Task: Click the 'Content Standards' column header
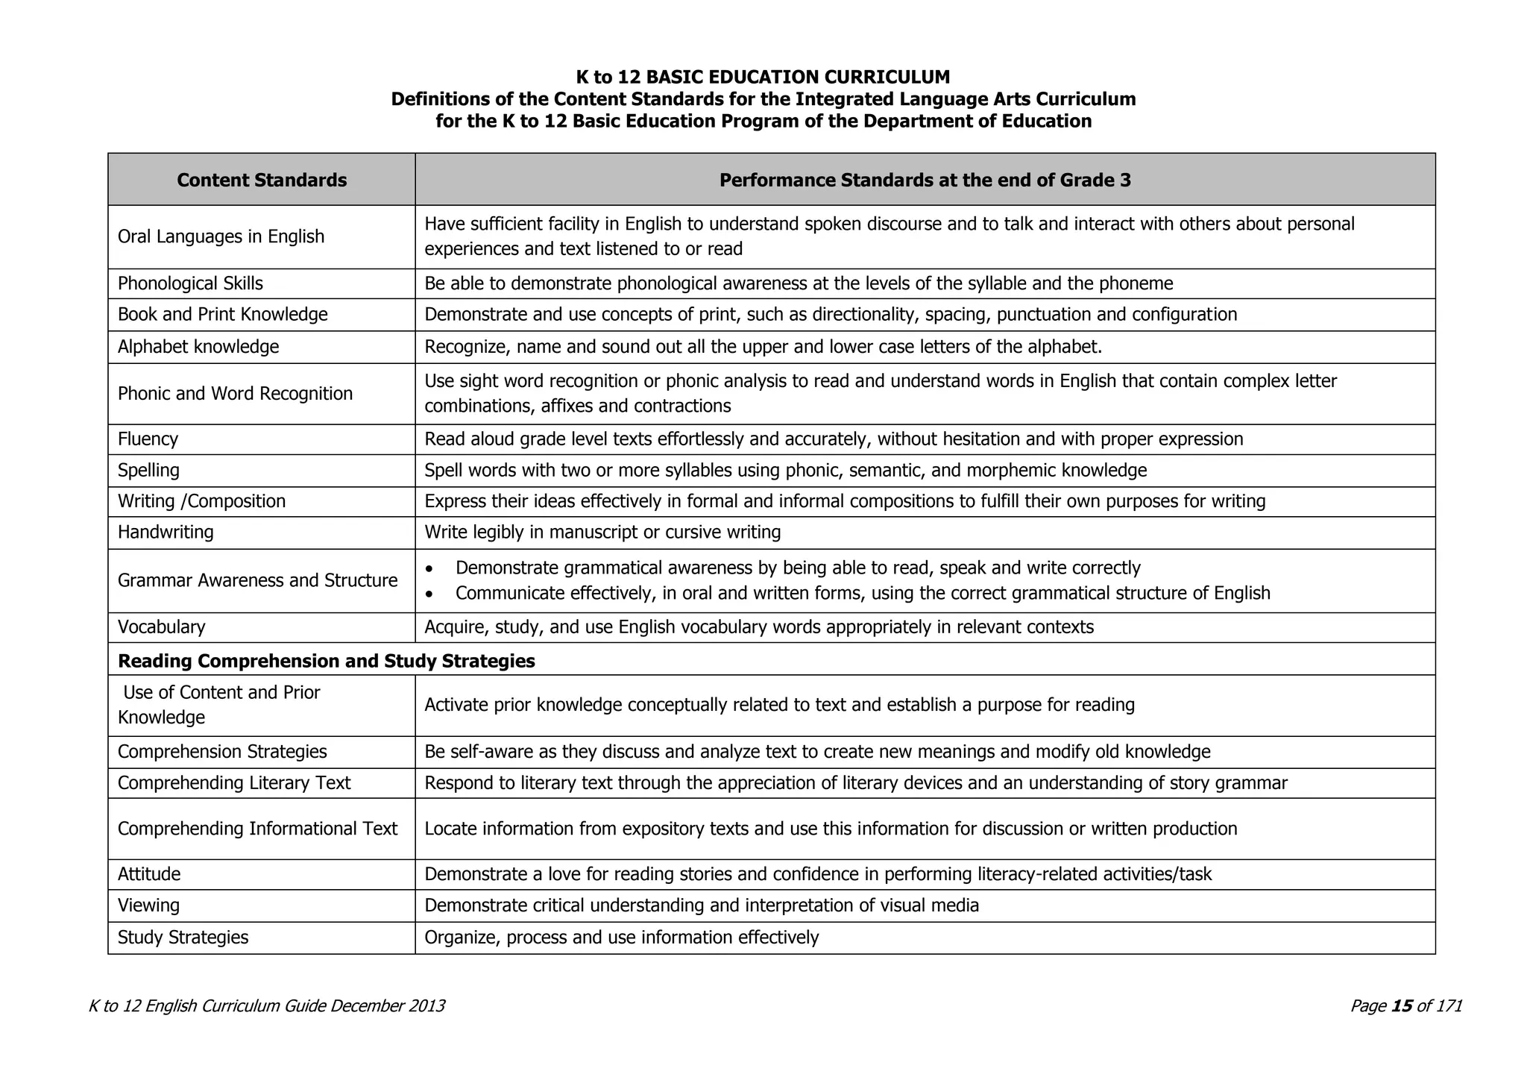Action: pos(262,180)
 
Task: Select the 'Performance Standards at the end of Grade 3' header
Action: pos(925,180)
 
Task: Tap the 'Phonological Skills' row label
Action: pos(190,283)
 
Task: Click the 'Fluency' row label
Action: pos(148,439)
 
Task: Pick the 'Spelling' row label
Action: pos(148,470)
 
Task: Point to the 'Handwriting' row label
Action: pos(166,532)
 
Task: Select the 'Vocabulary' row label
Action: pos(161,627)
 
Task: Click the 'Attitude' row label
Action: pos(149,873)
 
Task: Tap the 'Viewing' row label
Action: pos(148,905)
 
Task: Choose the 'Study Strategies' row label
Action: pos(183,937)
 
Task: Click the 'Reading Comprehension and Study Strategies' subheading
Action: pos(327,661)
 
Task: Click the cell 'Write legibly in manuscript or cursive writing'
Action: pos(602,532)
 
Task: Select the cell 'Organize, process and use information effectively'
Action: pos(621,937)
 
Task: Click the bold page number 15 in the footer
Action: pos(1402,1005)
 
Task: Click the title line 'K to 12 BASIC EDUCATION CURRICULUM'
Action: pos(763,77)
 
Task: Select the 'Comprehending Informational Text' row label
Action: pos(257,829)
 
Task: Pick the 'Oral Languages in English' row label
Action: pos(221,236)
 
